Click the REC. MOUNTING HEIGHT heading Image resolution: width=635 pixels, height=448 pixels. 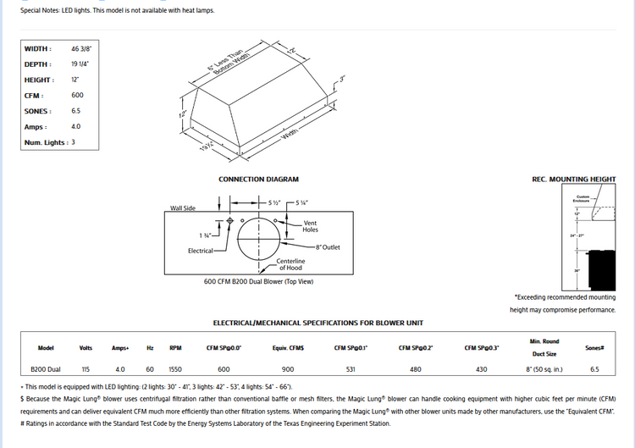(573, 180)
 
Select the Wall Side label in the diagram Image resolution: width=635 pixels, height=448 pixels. (183, 207)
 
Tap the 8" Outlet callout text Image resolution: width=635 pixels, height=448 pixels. (328, 247)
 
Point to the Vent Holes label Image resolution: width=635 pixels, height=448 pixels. (311, 226)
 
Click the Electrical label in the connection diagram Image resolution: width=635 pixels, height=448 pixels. (202, 251)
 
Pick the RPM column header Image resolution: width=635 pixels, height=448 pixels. (175, 347)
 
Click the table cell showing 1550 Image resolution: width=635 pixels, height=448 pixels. (175, 369)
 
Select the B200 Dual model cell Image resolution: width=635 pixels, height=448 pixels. (46, 369)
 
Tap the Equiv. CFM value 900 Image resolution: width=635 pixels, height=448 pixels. (289, 369)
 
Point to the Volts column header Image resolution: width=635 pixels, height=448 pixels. (86, 347)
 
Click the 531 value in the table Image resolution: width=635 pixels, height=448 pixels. (351, 369)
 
